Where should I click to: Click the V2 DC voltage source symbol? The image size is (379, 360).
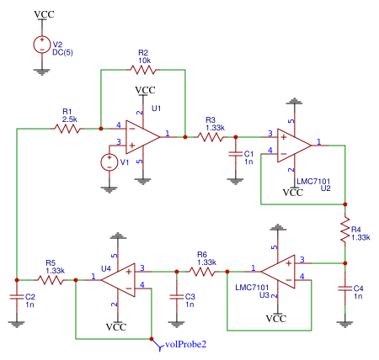coord(42,45)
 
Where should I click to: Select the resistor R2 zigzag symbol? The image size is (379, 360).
coord(143,70)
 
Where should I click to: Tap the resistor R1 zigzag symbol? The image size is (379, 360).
coord(67,129)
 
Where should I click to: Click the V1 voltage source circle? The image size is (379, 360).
coord(109,162)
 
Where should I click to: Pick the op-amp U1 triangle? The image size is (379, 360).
coord(142,137)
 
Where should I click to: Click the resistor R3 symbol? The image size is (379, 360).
coord(211,137)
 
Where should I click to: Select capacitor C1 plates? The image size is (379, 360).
coord(236,154)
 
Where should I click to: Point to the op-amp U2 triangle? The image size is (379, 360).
coord(294,146)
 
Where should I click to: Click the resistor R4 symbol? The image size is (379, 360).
coord(345,230)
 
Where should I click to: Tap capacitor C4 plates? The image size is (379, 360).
coord(345,289)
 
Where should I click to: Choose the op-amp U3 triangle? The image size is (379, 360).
coord(278,272)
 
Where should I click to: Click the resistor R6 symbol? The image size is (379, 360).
coord(202,272)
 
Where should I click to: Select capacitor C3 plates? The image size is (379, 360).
coord(177,297)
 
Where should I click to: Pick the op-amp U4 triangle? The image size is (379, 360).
coord(118,280)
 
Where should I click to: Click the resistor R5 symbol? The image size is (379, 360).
coord(51,280)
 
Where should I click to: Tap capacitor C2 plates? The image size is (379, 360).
coord(17,297)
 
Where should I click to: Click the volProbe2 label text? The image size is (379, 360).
coord(186,344)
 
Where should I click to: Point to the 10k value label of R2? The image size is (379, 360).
coord(145,61)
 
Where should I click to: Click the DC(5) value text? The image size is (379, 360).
coord(62,52)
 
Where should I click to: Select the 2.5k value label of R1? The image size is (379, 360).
coord(70,119)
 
